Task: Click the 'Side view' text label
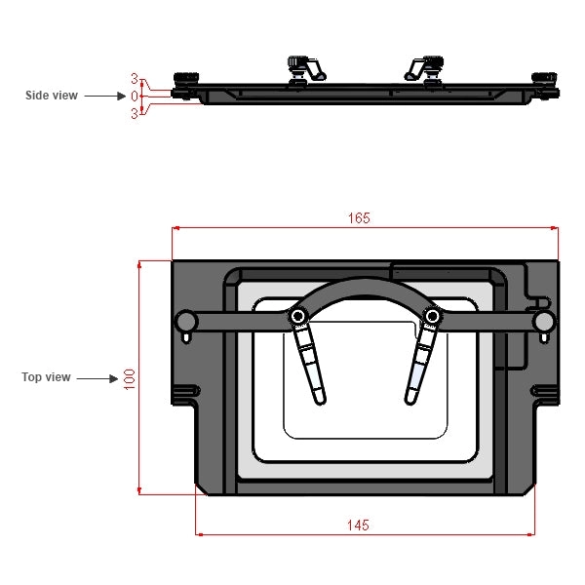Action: pos(52,96)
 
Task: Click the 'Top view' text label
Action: pos(46,377)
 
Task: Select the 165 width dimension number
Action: pos(359,218)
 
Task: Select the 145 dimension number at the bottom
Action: pos(358,525)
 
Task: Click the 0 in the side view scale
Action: pos(136,96)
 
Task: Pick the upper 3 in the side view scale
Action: pos(136,79)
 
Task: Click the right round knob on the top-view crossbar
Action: pos(543,322)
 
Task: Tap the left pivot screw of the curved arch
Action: pos(297,316)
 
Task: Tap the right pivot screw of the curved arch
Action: pos(430,316)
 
